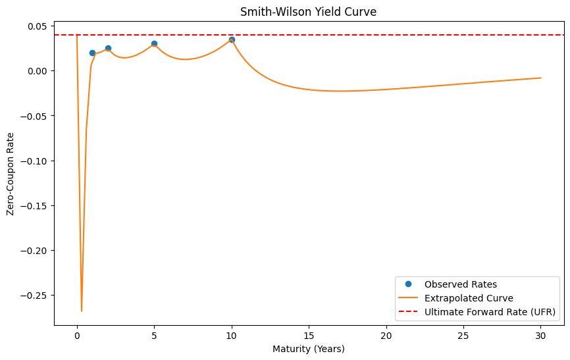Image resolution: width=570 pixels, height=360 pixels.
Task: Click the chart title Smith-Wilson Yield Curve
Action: (308, 11)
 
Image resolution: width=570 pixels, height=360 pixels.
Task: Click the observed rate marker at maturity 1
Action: (92, 53)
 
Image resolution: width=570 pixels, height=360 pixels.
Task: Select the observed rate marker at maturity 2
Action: (108, 48)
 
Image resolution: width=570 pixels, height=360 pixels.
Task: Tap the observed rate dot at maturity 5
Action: (154, 43)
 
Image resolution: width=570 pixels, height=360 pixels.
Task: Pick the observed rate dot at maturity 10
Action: (232, 39)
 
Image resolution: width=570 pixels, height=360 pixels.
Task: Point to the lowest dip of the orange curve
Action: (82, 311)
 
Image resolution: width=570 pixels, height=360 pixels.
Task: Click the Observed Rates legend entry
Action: (461, 284)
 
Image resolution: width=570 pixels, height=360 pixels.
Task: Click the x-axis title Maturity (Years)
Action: (308, 348)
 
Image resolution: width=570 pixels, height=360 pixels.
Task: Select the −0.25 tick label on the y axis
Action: (32, 296)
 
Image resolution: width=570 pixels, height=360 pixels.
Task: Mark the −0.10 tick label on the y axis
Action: (32, 161)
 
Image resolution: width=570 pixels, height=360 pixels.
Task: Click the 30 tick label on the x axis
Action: (541, 334)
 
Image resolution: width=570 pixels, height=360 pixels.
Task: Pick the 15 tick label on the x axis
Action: (309, 334)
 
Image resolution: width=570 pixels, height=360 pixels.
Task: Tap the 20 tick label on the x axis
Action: (386, 334)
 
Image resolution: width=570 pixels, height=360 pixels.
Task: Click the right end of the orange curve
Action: (541, 78)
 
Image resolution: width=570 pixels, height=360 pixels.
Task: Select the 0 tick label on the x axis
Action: (77, 334)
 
